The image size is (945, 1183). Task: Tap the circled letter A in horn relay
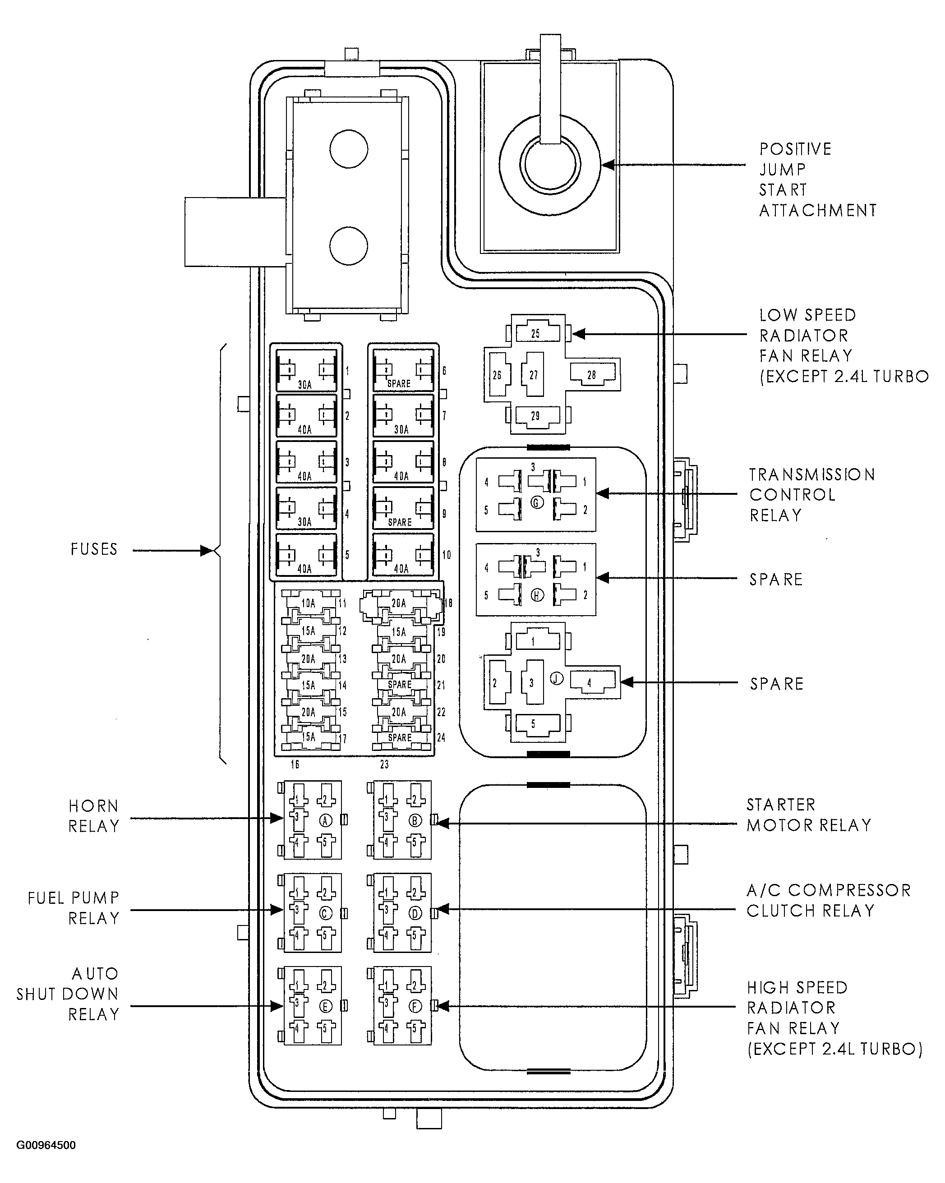pos(325,820)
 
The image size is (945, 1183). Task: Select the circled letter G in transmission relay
pos(537,502)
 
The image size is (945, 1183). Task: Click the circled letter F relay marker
pos(415,1006)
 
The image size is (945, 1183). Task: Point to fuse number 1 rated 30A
pos(306,371)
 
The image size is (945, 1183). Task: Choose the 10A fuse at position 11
pos(309,603)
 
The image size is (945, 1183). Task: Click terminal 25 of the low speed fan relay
pos(535,333)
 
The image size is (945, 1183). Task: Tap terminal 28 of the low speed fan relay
pos(592,375)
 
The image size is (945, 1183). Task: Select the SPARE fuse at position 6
pos(403,371)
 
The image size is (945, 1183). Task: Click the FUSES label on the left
pos(94,549)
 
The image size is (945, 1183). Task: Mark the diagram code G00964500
pos(46,1145)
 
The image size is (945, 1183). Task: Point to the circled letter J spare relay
pos(557,679)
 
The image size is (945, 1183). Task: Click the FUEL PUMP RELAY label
pos(74,908)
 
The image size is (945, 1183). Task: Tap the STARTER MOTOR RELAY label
pos(808,815)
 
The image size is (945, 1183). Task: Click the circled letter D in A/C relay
pos(415,913)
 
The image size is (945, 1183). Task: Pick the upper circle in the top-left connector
pos(349,149)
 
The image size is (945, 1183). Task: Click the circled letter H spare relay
pos(537,595)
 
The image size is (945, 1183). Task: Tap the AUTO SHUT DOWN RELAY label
pos(68,994)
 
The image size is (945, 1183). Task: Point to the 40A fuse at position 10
pos(403,555)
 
